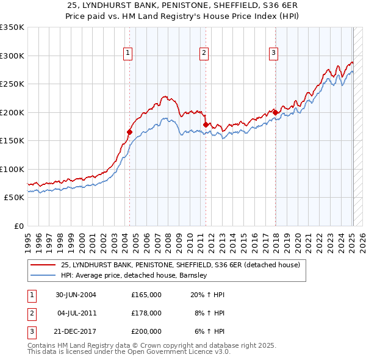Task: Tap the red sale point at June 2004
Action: click(129, 132)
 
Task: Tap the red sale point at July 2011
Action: click(206, 124)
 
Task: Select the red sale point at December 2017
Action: click(275, 112)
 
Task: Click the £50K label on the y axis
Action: click(14, 198)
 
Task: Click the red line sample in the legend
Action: click(43, 265)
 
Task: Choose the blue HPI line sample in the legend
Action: click(43, 275)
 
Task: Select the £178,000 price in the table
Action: click(146, 313)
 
